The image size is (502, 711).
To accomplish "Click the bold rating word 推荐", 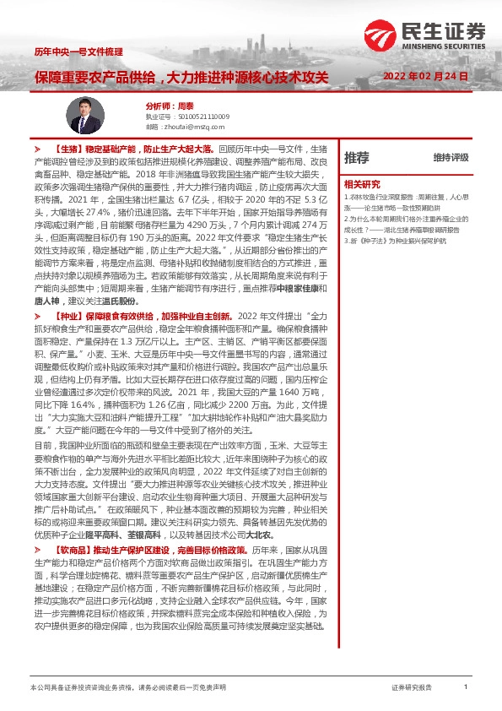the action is pyautogui.click(x=357, y=157).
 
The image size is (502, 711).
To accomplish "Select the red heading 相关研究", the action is pyautogui.click(x=361, y=182).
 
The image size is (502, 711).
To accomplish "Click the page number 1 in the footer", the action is pyautogui.click(x=465, y=687).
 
